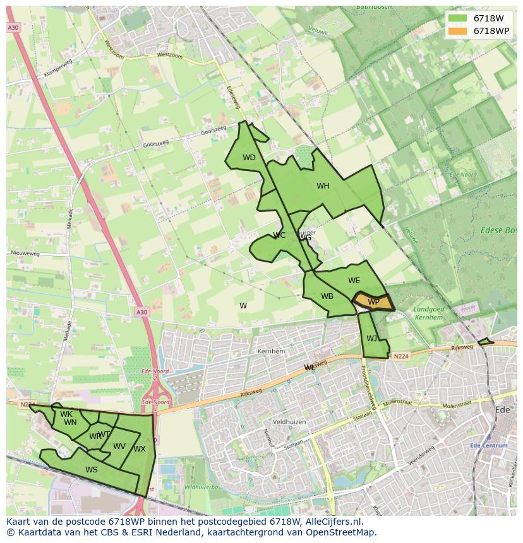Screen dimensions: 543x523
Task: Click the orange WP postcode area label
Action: click(x=373, y=302)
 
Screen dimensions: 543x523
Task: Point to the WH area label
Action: click(x=323, y=186)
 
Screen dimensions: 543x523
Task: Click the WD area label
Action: click(x=249, y=158)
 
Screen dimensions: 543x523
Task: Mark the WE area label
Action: click(x=354, y=281)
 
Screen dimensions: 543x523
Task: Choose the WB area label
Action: click(x=327, y=296)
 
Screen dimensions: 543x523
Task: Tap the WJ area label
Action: click(x=371, y=339)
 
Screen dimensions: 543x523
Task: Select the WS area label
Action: click(x=92, y=470)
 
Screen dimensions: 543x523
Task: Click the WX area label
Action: click(x=140, y=449)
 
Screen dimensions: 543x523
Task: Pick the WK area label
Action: click(x=66, y=414)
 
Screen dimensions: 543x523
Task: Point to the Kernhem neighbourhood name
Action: click(x=272, y=351)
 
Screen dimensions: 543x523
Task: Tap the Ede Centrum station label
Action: click(x=489, y=445)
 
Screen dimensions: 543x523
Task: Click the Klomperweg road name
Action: click(x=59, y=71)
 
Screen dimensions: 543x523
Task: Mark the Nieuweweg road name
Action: click(x=25, y=254)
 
